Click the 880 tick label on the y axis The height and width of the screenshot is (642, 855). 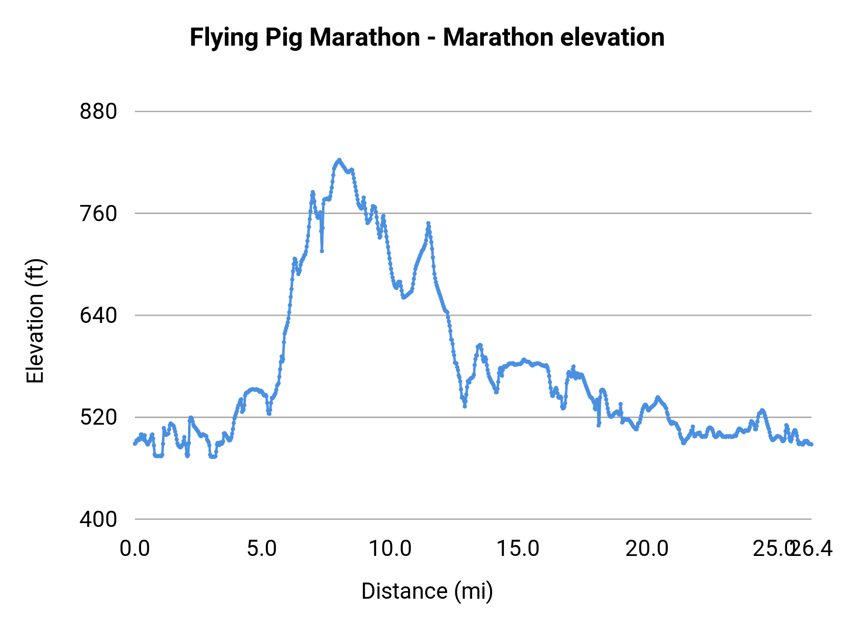tap(98, 112)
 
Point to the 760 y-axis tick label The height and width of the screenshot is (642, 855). tap(98, 214)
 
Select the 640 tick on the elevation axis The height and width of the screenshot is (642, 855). tap(98, 315)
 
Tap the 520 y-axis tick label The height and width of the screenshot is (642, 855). tap(98, 418)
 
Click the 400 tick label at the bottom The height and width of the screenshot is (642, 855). tap(98, 519)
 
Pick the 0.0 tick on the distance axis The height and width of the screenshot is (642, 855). tap(135, 549)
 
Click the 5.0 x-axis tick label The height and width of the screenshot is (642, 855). tap(262, 549)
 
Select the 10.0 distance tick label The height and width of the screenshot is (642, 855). tap(390, 549)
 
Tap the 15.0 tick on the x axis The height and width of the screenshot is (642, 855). tap(518, 549)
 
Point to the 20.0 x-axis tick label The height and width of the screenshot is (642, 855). tap(646, 549)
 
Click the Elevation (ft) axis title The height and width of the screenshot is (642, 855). tap(35, 321)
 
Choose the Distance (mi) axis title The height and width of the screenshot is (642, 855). tap(427, 591)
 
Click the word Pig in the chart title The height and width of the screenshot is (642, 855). tap(283, 38)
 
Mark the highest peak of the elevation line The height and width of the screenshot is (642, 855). tap(339, 160)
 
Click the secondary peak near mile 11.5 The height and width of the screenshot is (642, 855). tap(428, 223)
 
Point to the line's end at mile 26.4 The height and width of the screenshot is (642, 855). tap(812, 444)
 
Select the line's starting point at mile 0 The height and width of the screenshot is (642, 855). tap(135, 443)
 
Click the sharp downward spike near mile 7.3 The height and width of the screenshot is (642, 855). tap(322, 251)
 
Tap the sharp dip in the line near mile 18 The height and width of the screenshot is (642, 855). tap(598, 425)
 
